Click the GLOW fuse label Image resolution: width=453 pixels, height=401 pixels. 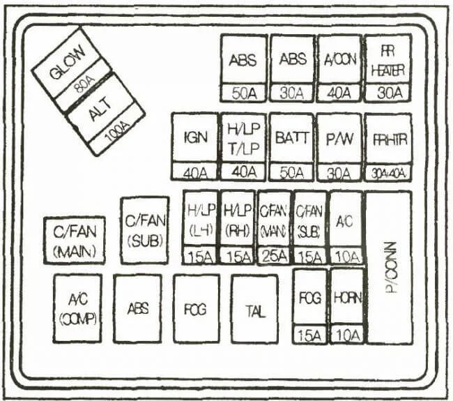tap(68, 61)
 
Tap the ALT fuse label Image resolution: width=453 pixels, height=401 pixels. tap(102, 107)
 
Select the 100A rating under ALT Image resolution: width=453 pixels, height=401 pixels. tap(116, 130)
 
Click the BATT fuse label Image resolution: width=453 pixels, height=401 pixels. tap(291, 137)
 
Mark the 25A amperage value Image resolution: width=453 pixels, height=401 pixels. tap(274, 256)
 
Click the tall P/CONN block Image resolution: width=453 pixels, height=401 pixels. tap(389, 268)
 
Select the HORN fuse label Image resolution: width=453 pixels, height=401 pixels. tap(346, 298)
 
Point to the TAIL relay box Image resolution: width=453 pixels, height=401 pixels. tap(254, 308)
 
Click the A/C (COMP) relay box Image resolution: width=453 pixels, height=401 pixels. tap(77, 308)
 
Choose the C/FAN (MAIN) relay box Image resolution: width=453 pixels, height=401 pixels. tap(74, 241)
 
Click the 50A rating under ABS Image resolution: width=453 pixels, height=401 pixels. tap(243, 93)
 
